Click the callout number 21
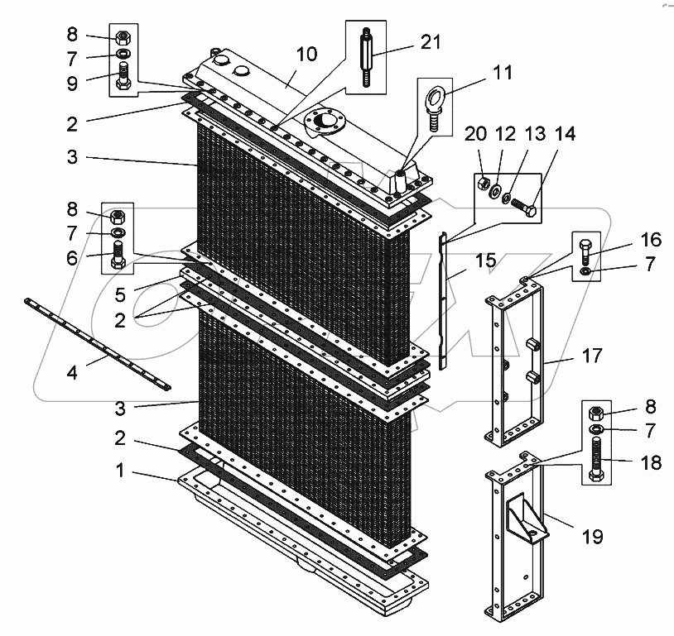pyautogui.click(x=431, y=41)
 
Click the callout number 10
pyautogui.click(x=306, y=54)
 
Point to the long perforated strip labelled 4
pyautogui.click(x=95, y=341)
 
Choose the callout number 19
pyautogui.click(x=593, y=537)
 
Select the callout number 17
pyautogui.click(x=593, y=356)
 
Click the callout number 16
pyautogui.click(x=651, y=240)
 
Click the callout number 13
pyautogui.click(x=536, y=133)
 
